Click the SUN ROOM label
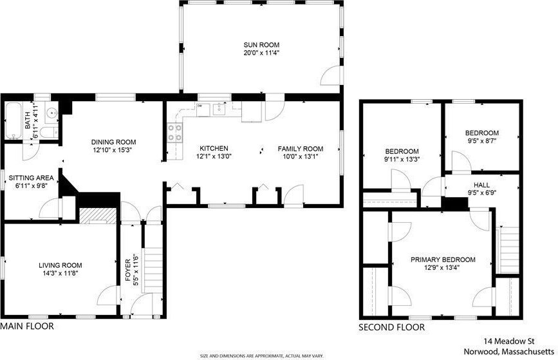[x=261, y=45]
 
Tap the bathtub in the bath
[x=14, y=120]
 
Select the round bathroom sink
[x=52, y=113]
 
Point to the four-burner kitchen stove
[x=174, y=132]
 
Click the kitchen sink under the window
[x=219, y=109]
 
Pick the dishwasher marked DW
[x=203, y=109]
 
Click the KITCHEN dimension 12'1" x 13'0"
[x=214, y=156]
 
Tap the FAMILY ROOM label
[x=301, y=149]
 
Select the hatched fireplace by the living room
[x=98, y=216]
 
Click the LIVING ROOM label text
[x=60, y=265]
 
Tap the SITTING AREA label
[x=32, y=178]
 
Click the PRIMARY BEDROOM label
[x=443, y=260]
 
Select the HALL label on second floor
[x=481, y=185]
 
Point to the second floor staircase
[x=510, y=251]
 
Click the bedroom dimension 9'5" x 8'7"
[x=482, y=140]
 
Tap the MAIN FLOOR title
[x=28, y=326]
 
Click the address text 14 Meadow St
[x=509, y=341]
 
